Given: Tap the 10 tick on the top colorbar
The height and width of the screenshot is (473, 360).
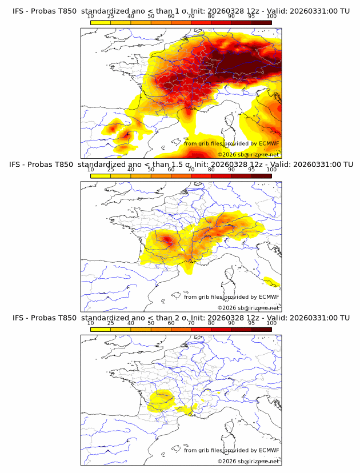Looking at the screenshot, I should click(91, 16).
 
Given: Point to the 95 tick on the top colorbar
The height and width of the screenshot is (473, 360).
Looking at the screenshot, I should click(251, 16).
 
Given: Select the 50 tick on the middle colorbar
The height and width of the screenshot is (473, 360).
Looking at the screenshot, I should click(151, 170).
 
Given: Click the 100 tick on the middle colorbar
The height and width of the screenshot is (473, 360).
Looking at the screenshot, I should click(271, 170).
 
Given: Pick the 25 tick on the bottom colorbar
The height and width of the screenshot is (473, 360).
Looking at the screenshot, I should click(111, 323).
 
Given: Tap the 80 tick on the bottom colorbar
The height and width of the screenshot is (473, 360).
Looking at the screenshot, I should click(211, 323).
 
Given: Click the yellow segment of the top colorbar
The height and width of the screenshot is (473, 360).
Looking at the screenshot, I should click(101, 22).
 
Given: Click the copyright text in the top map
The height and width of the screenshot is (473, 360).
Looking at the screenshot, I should click(248, 154).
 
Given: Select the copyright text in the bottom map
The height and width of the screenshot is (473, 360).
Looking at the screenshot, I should click(248, 461).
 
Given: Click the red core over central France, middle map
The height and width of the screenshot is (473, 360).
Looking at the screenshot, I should click(167, 239).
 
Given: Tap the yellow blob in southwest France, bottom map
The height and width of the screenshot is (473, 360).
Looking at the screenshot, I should click(162, 398).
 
